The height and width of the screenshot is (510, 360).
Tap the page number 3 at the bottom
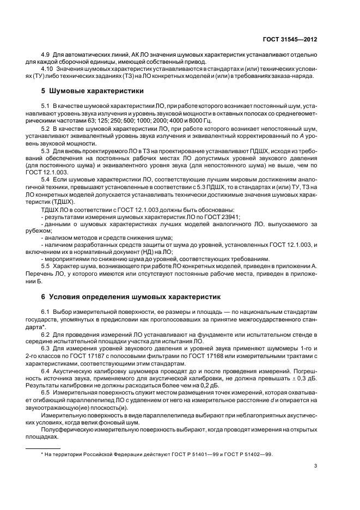[316, 465]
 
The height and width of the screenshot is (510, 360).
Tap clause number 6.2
[46, 332]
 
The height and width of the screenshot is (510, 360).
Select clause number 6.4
[46, 368]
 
